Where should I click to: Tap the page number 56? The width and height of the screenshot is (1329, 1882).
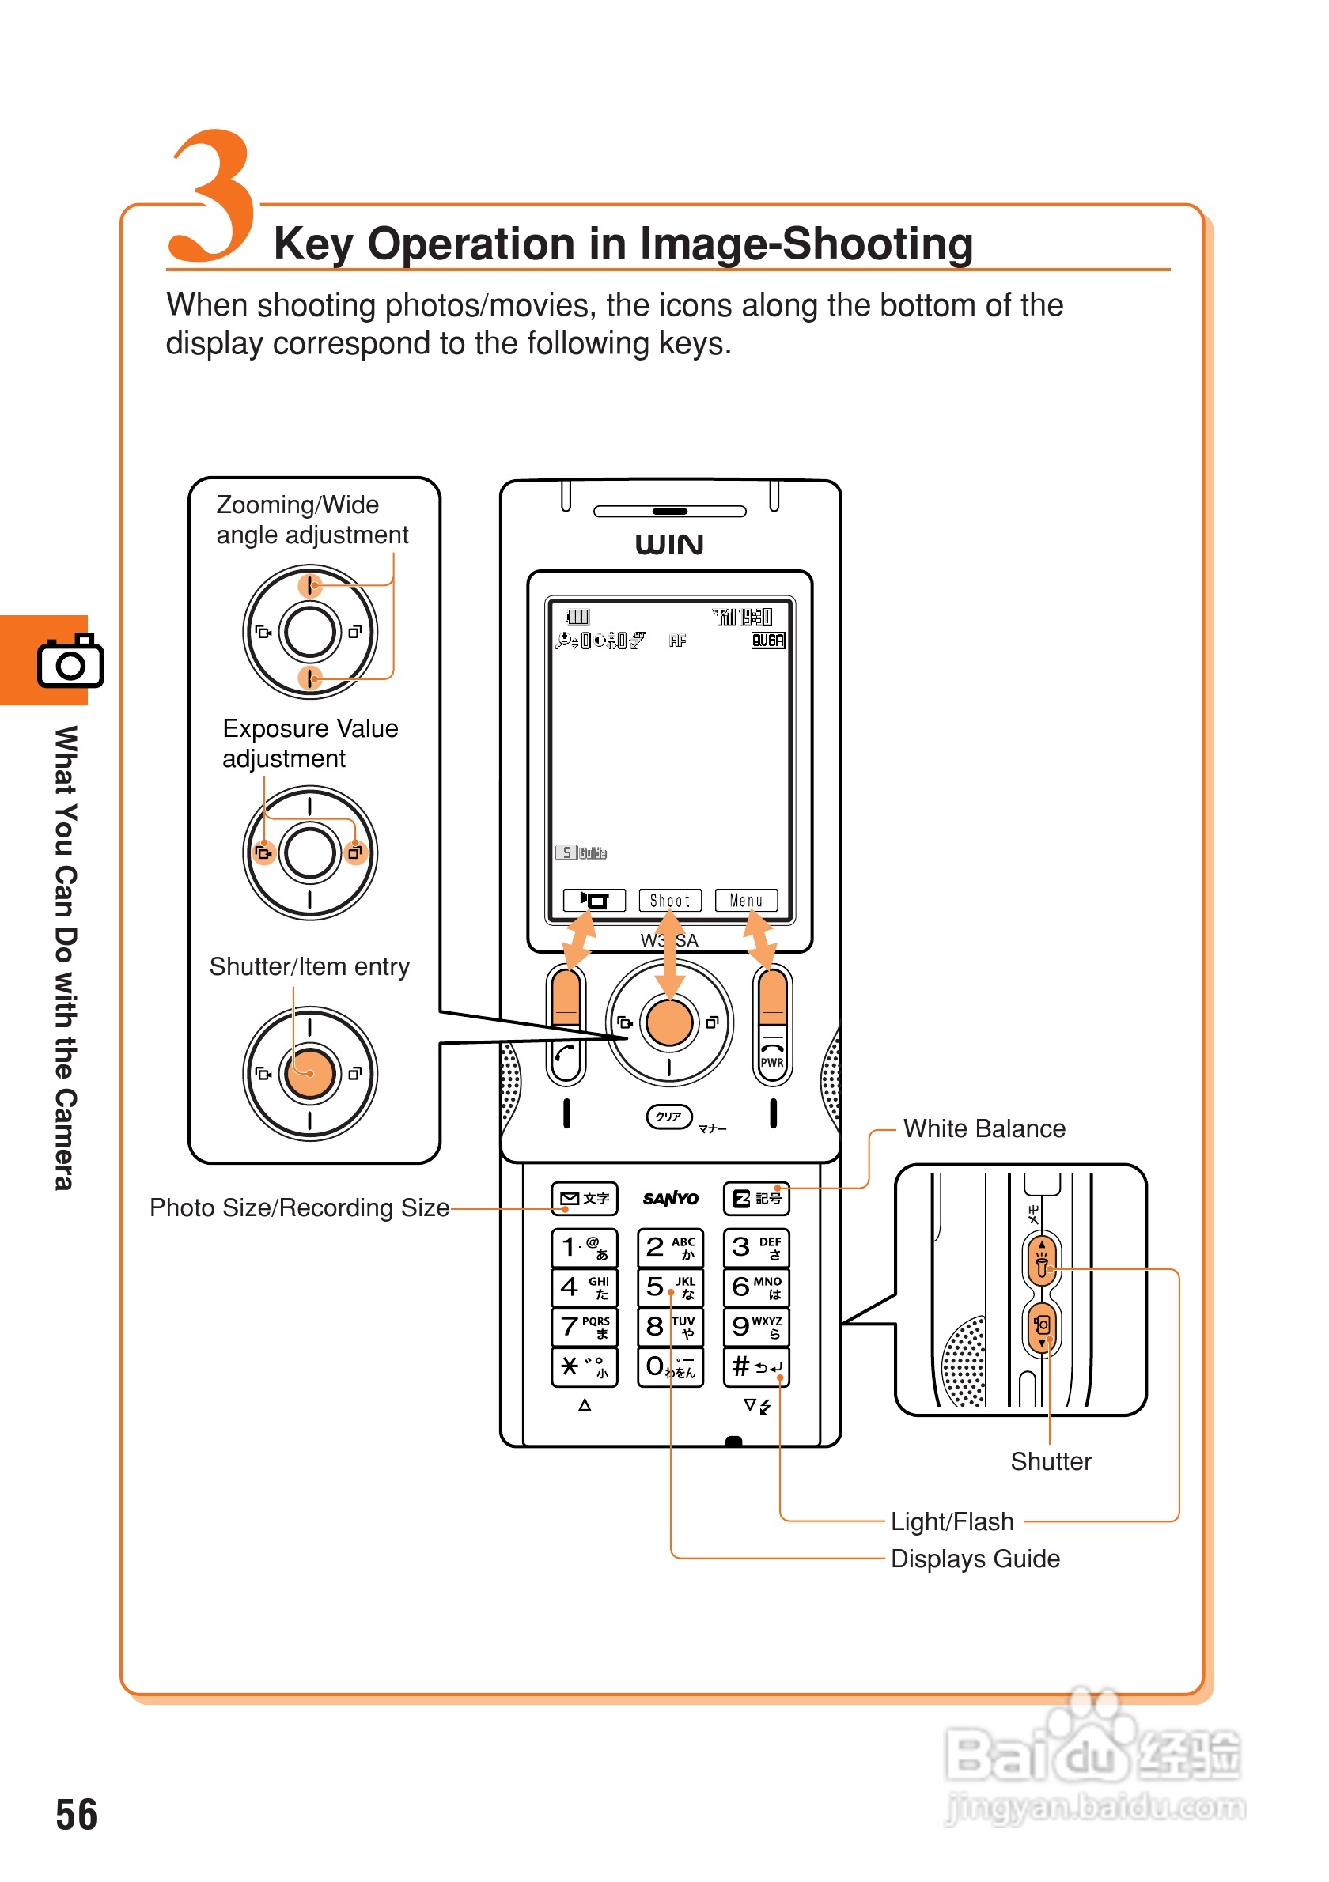tap(76, 1814)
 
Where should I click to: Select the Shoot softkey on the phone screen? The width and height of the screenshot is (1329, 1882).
tap(670, 900)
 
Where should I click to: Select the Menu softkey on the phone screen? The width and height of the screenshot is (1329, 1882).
tap(746, 900)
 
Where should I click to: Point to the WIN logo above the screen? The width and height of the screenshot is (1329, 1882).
tap(670, 544)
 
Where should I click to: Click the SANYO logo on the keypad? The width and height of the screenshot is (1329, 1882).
tap(671, 1198)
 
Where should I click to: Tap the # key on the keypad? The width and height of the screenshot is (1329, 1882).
tap(756, 1366)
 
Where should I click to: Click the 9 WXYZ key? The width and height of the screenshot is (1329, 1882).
tap(756, 1326)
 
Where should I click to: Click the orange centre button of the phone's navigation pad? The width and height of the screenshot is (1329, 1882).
tap(670, 1022)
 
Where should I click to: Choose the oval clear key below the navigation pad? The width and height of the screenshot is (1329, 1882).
tap(670, 1117)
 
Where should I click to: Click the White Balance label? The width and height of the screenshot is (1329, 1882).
tap(984, 1128)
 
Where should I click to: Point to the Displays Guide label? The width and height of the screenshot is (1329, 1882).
tap(975, 1559)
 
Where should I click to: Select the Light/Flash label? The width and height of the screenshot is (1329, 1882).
tap(952, 1521)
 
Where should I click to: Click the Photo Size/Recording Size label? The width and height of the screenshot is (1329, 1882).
tap(299, 1207)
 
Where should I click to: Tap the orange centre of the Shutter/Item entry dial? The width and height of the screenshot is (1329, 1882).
tap(310, 1073)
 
